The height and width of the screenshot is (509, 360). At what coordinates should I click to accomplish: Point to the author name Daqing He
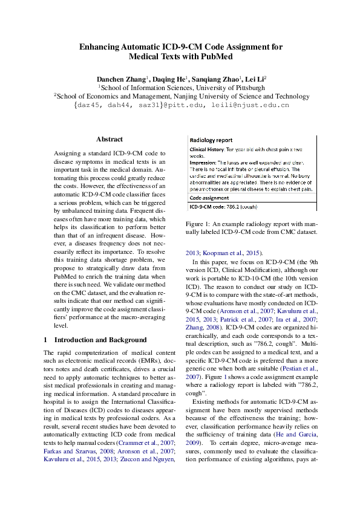click(x=171, y=79)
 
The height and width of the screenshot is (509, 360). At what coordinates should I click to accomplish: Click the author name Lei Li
click(x=255, y=79)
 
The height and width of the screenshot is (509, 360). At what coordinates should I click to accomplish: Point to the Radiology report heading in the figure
click(x=211, y=140)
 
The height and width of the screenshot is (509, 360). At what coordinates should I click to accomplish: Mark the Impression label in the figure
click(x=204, y=162)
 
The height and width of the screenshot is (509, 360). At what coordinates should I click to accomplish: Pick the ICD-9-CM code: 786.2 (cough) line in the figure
click(x=223, y=207)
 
